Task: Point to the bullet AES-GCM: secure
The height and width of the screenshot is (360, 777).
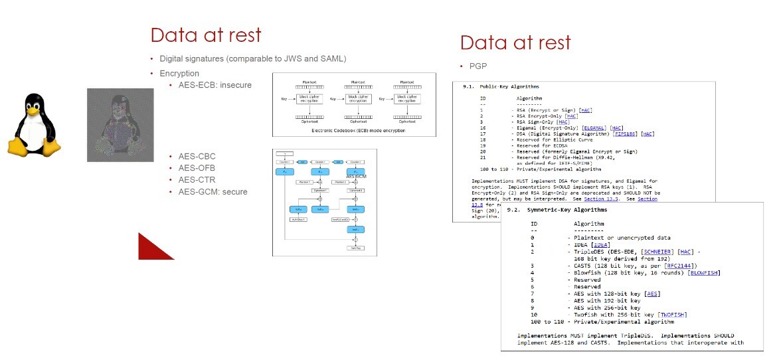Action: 213,192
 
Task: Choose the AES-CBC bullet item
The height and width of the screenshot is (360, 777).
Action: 197,156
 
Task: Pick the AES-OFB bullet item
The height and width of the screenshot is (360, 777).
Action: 197,168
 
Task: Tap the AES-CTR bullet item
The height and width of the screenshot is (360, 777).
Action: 197,180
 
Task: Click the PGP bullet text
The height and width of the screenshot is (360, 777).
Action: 478,66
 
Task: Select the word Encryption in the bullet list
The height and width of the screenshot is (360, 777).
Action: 179,73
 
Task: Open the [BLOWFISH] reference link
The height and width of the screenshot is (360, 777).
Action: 705,272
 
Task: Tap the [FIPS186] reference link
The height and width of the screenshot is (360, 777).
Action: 624,134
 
